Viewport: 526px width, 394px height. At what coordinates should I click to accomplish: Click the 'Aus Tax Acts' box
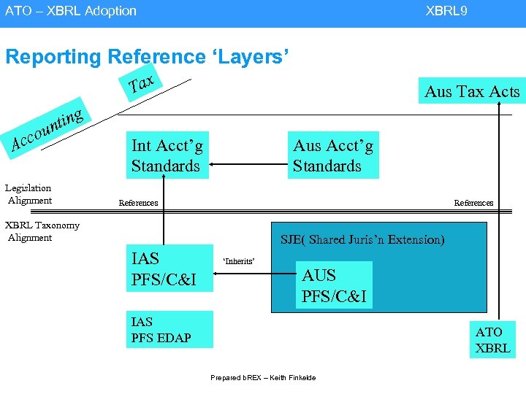coord(471,90)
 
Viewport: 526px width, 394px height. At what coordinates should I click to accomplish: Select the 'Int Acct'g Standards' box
coord(167,156)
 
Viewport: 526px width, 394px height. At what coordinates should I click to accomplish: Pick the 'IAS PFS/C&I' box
coord(169,269)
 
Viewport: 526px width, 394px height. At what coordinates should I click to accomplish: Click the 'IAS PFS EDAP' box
coord(169,329)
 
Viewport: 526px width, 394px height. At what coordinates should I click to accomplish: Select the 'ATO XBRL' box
coord(492,340)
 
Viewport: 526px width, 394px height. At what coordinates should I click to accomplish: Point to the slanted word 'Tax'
coord(141,85)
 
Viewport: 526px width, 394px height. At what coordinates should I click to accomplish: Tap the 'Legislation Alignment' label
coord(29,194)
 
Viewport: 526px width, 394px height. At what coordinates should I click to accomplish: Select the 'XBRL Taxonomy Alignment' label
coord(42,231)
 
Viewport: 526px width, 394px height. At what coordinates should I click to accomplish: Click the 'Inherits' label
coord(239,260)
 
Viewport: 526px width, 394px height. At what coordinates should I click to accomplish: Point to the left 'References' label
coord(138,203)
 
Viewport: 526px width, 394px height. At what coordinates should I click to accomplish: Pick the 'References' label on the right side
coord(473,203)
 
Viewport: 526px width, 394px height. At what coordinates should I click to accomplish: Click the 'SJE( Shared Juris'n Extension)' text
coord(362,239)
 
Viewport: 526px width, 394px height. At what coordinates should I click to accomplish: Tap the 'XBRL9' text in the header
coord(446,11)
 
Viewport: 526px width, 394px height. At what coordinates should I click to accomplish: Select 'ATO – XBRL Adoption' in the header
coord(71,11)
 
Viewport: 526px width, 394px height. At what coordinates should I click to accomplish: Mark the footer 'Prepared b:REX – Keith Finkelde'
coord(263,377)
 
